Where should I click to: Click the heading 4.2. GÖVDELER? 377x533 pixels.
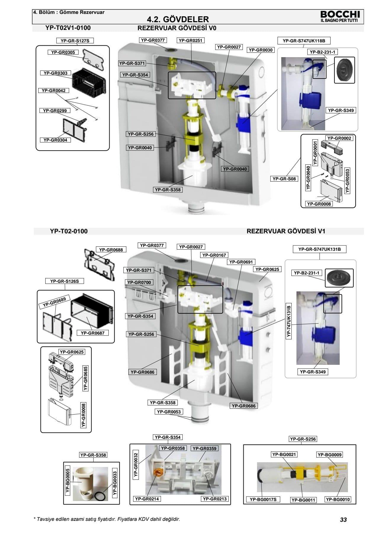(x=178, y=20)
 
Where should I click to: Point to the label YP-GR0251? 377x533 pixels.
(x=191, y=40)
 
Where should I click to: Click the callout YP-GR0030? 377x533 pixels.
(x=261, y=50)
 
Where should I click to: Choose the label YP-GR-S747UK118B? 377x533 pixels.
(x=304, y=41)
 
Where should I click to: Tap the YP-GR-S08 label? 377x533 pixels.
(x=284, y=179)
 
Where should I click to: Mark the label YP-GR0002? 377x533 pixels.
(x=339, y=138)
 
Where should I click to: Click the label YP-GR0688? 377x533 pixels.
(x=111, y=250)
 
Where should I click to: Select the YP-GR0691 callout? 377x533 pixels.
(x=241, y=262)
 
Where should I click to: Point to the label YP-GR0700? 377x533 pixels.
(x=139, y=282)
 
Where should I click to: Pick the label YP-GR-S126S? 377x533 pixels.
(x=65, y=281)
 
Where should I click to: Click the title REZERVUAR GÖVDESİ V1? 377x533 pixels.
(x=286, y=231)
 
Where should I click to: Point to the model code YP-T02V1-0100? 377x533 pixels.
(x=68, y=28)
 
